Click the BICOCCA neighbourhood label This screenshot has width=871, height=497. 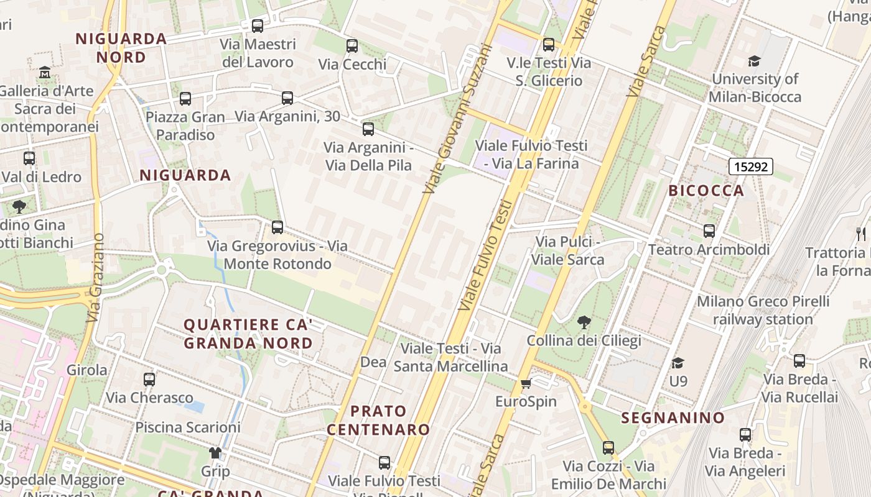[x=706, y=191]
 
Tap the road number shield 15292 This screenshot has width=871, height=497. [x=750, y=166]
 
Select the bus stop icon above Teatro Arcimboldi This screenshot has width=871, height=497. [x=709, y=231]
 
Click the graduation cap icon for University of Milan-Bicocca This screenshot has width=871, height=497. [x=754, y=61]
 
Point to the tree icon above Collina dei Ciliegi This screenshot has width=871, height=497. [x=584, y=322]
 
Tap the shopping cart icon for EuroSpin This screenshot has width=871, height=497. [x=526, y=383]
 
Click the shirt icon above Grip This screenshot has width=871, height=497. [x=215, y=453]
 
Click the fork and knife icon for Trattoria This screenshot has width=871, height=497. [x=861, y=234]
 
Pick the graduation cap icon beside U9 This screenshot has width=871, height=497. [x=678, y=362]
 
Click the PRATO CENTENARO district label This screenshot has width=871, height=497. [x=378, y=420]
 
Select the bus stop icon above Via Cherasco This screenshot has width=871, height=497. [x=149, y=379]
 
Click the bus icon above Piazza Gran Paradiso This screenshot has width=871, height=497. [x=185, y=98]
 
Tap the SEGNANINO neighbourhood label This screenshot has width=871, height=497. [x=673, y=418]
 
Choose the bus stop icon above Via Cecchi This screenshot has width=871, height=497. [x=352, y=45]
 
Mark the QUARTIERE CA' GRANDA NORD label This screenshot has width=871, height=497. [x=248, y=334]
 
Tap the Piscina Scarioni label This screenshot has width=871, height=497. [x=188, y=427]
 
